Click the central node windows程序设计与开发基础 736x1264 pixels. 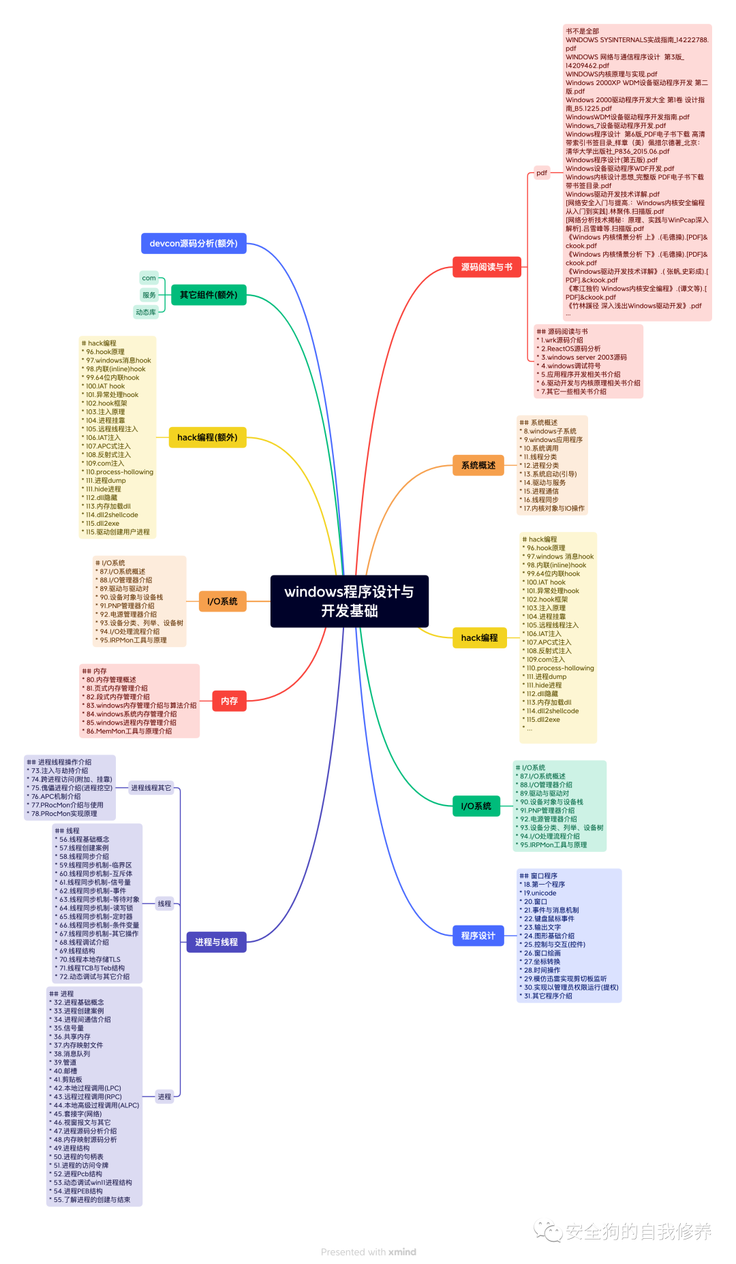point(349,601)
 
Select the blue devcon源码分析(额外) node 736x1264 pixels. point(194,243)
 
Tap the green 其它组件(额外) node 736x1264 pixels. point(209,295)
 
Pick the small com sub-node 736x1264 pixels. point(149,278)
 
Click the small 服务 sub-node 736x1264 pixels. point(149,295)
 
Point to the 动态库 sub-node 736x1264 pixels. point(146,312)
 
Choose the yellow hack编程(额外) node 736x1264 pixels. point(207,437)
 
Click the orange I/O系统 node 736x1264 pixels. point(222,601)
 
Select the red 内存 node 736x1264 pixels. point(229,701)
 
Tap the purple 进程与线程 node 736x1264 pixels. point(216,942)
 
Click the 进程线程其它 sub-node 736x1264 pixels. point(151,788)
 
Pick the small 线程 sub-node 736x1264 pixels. point(164,904)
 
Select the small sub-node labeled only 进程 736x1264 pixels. point(164,1096)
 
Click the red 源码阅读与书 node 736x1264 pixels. point(487,267)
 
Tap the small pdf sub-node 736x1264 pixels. point(541,173)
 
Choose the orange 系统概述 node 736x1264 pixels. point(478,465)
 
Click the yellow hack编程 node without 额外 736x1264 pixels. point(479,637)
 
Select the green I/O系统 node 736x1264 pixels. point(476,806)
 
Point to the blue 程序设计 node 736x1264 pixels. point(478,936)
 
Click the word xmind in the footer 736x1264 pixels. point(402,1252)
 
